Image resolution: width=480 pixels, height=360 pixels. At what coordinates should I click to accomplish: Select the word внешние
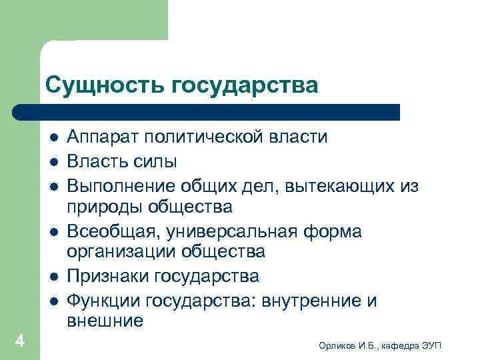105,321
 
